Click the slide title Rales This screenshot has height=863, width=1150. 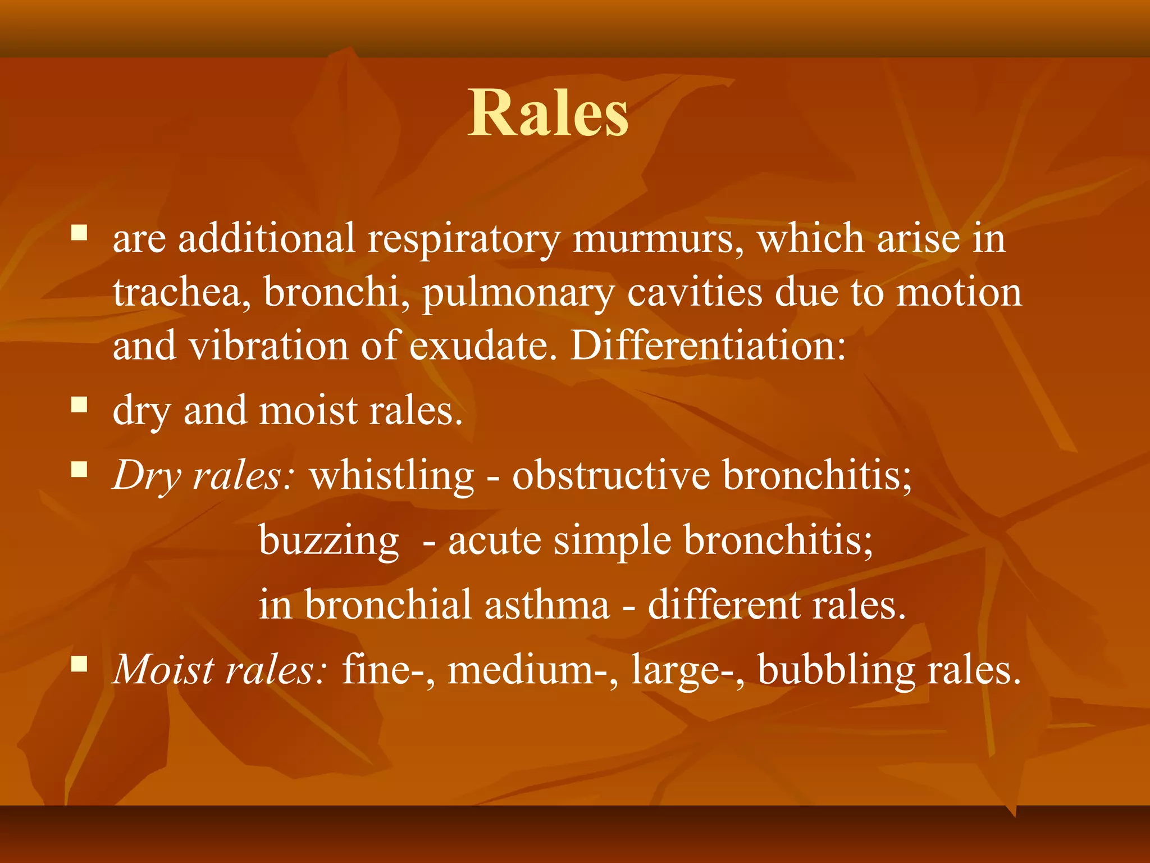tap(548, 113)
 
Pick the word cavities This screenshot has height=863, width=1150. tap(694, 293)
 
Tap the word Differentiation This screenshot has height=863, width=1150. tap(708, 346)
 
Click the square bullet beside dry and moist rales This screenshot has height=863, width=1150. tap(79, 405)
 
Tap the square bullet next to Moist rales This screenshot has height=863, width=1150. tap(79, 665)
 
